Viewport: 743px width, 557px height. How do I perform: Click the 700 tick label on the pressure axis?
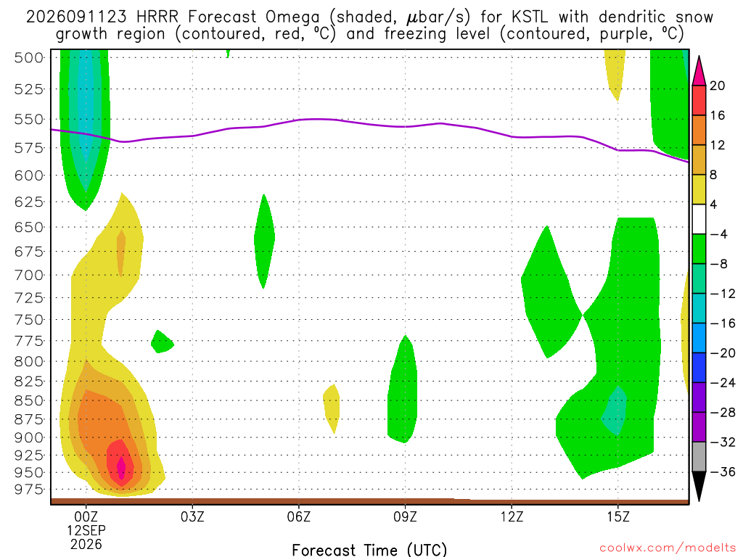pyautogui.click(x=28, y=275)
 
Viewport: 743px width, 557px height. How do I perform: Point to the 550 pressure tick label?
pyautogui.click(x=28, y=120)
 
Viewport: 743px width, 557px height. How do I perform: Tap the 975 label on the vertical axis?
pyautogui.click(x=28, y=490)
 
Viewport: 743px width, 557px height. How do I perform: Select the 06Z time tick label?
pyautogui.click(x=298, y=516)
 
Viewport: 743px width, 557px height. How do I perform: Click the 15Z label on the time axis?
pyautogui.click(x=618, y=516)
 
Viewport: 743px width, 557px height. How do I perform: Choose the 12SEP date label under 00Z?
pyautogui.click(x=86, y=530)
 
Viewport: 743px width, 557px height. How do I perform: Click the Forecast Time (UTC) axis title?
pyautogui.click(x=369, y=550)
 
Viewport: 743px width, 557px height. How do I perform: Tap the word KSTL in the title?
pyautogui.click(x=529, y=17)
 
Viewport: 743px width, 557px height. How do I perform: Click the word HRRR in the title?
pyautogui.click(x=157, y=17)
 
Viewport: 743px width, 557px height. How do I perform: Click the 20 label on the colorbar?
pyautogui.click(x=718, y=86)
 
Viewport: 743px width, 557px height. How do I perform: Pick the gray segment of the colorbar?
pyautogui.click(x=699, y=457)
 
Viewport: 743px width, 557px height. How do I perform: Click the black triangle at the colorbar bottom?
pyautogui.click(x=699, y=483)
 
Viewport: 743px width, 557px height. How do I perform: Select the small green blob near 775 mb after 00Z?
pyautogui.click(x=162, y=342)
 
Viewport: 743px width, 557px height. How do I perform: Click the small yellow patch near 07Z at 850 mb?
pyautogui.click(x=332, y=408)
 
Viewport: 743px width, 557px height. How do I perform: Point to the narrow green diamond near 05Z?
pyautogui.click(x=264, y=241)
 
